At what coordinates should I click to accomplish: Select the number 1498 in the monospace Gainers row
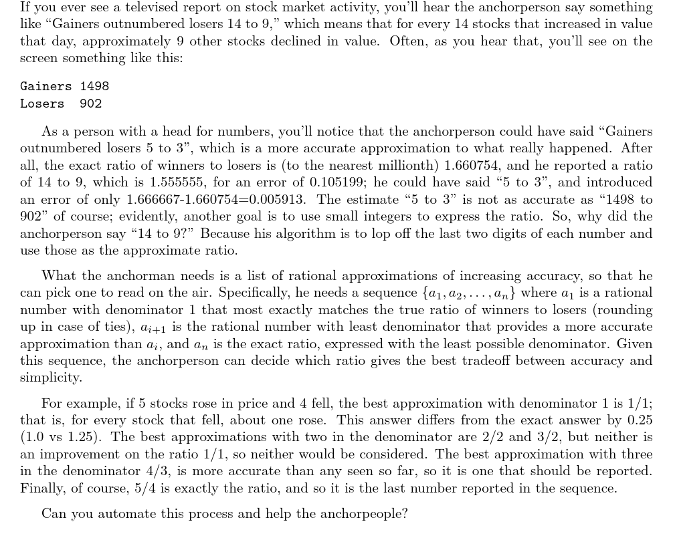(94, 86)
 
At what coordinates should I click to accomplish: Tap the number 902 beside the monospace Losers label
(90, 104)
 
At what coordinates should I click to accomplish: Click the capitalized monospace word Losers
(42, 104)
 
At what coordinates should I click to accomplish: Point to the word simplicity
(51, 378)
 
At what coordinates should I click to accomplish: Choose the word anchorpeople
(366, 514)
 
